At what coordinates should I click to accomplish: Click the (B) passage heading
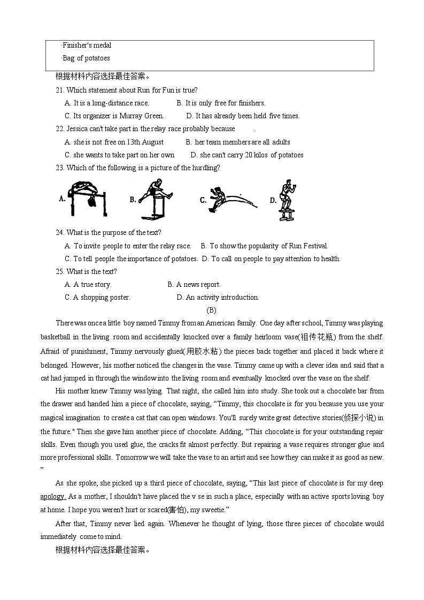(x=211, y=310)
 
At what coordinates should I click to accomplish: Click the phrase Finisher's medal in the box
(x=87, y=45)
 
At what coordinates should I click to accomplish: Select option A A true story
(x=88, y=284)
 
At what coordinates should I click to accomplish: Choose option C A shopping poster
(x=97, y=297)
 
